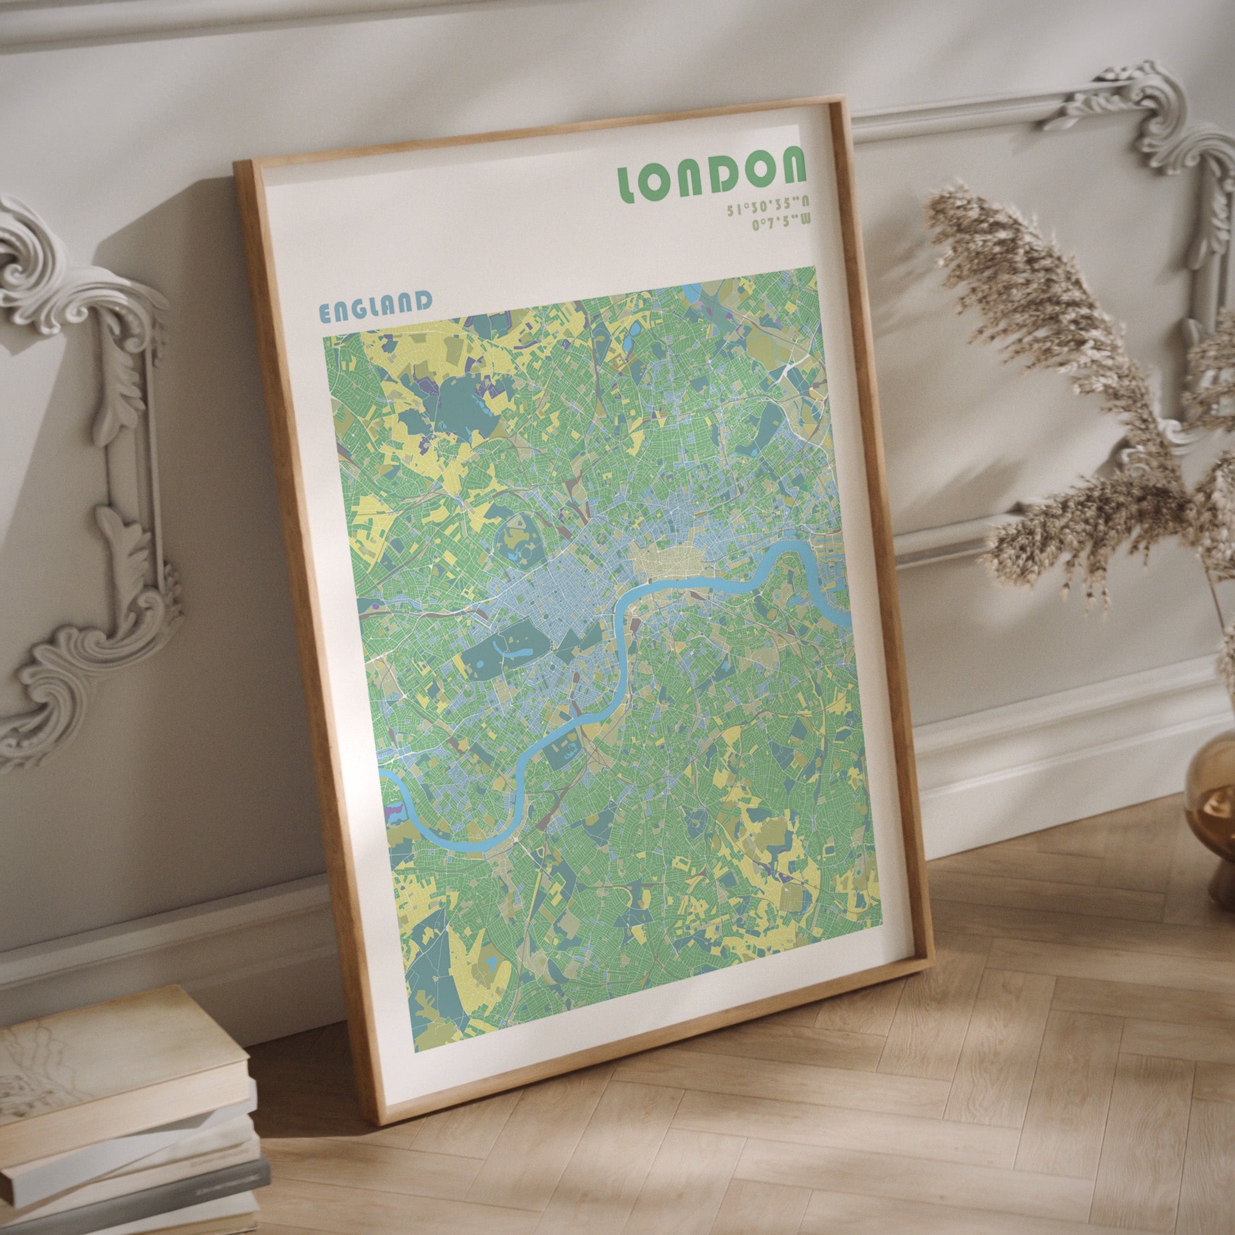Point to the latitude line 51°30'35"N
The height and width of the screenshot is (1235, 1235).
(768, 206)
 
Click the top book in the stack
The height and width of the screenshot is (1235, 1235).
(116, 1055)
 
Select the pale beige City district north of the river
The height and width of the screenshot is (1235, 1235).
(669, 563)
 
